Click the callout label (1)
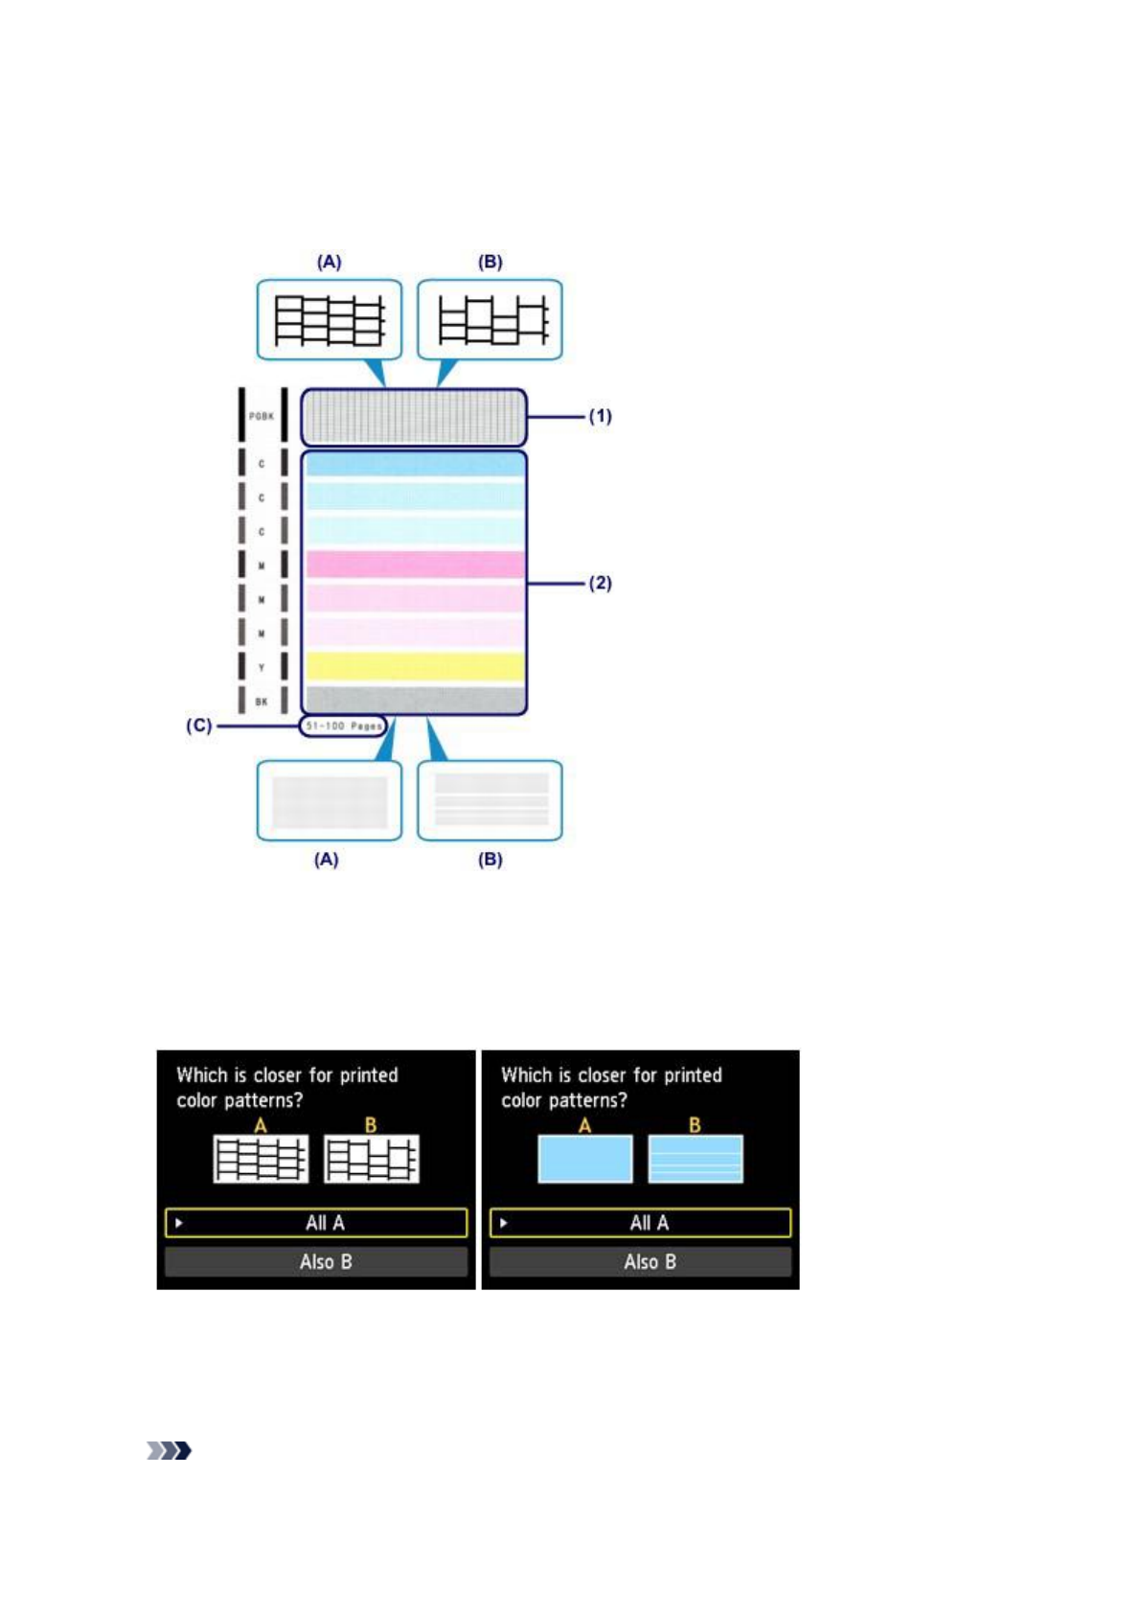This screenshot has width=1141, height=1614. (x=600, y=416)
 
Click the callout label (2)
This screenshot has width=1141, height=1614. (x=600, y=583)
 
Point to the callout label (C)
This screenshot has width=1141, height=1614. (x=198, y=726)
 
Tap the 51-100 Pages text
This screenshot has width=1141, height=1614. (x=343, y=726)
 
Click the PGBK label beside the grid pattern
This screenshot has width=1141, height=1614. (x=261, y=416)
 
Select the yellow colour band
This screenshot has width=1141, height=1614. (x=415, y=666)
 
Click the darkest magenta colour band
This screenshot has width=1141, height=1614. (x=415, y=564)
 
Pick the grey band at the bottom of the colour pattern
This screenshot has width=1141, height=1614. (x=415, y=699)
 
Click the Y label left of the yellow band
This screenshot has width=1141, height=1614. (x=262, y=667)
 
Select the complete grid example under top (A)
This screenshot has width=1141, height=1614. (x=329, y=320)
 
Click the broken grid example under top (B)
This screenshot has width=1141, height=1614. (x=491, y=320)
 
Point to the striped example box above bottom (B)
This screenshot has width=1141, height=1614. (x=491, y=800)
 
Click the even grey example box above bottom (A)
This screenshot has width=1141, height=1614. (x=329, y=800)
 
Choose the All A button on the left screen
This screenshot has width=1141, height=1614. (x=316, y=1223)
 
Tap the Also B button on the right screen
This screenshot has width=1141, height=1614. (x=640, y=1262)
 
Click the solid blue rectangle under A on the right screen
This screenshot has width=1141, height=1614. (x=584, y=1159)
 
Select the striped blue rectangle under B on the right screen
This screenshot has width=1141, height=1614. (x=696, y=1159)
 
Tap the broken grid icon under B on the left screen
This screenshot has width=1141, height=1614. (x=371, y=1159)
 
